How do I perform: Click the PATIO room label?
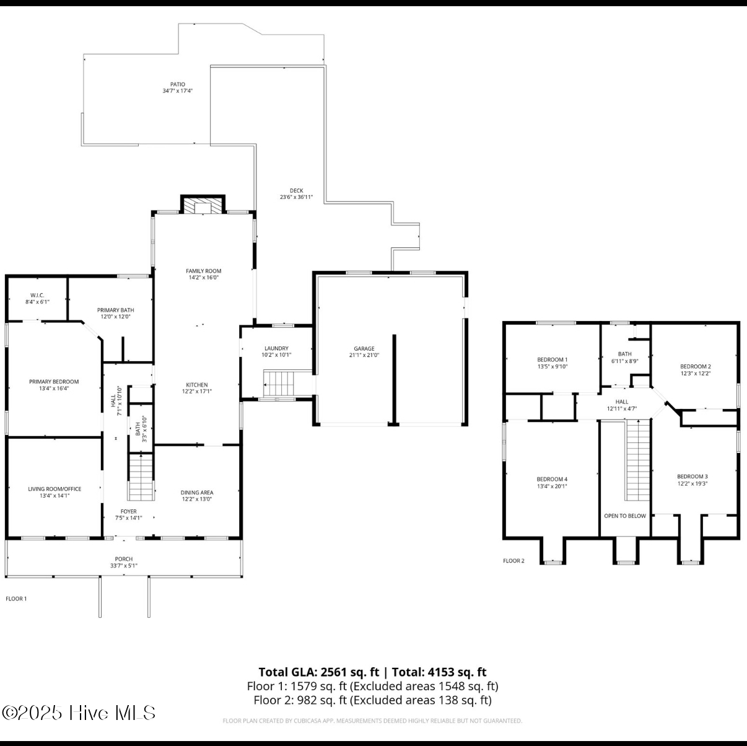[x=178, y=84]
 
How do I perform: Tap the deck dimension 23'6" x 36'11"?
[x=296, y=197]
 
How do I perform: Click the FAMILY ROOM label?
[x=204, y=271]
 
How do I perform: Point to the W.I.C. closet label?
[x=38, y=295]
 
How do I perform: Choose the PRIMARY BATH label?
[x=116, y=310]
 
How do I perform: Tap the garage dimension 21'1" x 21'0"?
[x=364, y=355]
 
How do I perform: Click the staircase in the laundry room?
[x=278, y=383]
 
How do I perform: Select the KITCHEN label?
[x=197, y=385]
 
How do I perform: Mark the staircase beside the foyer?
[x=141, y=476]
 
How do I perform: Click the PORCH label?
[x=124, y=559]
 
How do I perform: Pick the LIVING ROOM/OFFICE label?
[x=55, y=489]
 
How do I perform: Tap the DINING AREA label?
[x=197, y=493]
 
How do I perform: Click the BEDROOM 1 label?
[x=552, y=359]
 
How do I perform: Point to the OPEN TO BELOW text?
[x=625, y=516]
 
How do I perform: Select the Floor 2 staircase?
[x=637, y=460]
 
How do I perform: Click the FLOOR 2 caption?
[x=513, y=561]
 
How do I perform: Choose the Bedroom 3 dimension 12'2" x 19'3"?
[x=692, y=484]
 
